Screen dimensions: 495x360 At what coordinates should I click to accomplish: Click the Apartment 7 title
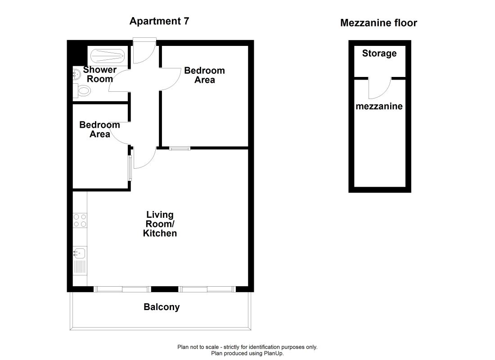pos(159,21)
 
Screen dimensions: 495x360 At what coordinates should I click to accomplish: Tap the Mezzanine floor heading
pos(378,23)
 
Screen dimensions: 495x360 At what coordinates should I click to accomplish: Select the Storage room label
pos(379,54)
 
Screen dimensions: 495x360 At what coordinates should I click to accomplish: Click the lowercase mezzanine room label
pos(379,106)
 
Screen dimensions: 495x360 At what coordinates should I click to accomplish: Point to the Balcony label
pos(162,307)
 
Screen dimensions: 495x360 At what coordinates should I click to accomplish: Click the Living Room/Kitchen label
pos(160,224)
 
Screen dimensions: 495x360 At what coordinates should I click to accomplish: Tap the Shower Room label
pos(100,74)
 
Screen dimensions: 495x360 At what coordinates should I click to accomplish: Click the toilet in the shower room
pos(82,91)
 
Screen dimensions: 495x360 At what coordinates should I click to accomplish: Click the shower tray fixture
pos(108,56)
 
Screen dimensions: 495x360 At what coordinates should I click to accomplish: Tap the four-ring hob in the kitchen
pos(80,220)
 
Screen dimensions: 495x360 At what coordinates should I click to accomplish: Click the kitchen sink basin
pos(80,253)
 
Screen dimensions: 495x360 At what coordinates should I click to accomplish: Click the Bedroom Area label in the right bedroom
pos(205,75)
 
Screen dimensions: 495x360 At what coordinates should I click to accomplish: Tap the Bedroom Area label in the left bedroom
pos(99,130)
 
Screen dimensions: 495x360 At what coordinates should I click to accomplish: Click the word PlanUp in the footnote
pos(274,353)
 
